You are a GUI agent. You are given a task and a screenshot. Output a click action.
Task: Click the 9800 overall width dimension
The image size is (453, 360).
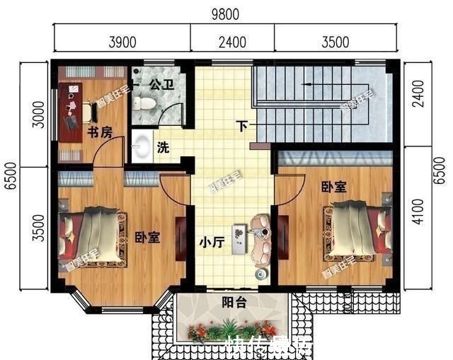pos(226,13)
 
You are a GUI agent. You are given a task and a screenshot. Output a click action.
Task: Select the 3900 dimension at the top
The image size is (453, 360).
pos(122,42)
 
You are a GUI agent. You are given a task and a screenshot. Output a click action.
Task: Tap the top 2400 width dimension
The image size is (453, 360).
pos(232,42)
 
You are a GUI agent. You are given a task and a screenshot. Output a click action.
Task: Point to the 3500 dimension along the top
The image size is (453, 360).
pos(335,42)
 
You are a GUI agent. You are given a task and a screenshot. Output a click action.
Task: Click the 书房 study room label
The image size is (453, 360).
pos(99,132)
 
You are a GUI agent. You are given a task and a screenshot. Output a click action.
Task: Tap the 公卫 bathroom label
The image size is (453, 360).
pos(161,84)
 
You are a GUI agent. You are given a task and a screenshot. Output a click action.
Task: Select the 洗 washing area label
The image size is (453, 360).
pos(163,149)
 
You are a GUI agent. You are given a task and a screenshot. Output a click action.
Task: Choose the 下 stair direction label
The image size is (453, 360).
pos(243,127)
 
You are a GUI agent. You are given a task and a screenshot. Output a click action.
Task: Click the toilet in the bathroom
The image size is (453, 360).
pos(146,103)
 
